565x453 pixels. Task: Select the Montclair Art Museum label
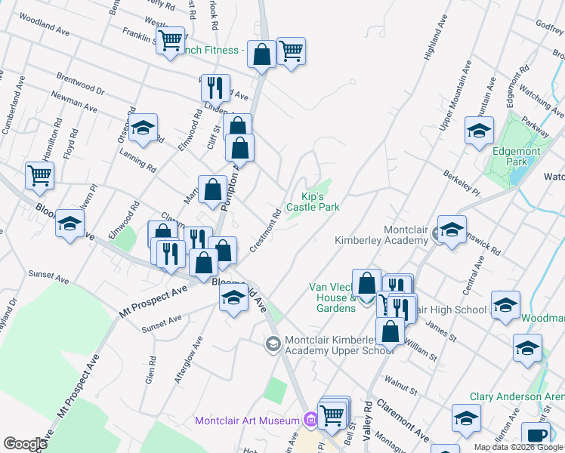click(248, 421)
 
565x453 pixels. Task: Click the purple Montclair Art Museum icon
click(310, 420)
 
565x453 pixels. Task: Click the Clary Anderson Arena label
click(517, 396)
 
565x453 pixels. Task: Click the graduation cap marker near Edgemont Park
click(479, 131)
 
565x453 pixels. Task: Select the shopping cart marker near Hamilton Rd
click(39, 176)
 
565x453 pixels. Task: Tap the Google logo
click(26, 444)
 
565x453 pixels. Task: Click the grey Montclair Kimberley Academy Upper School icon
click(272, 344)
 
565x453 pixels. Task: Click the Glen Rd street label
click(150, 371)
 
